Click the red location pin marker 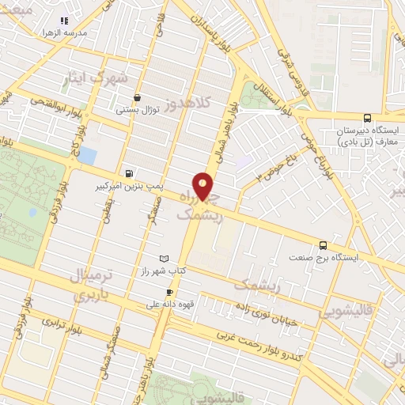[x=204, y=187]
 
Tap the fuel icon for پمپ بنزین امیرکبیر [x=129, y=173]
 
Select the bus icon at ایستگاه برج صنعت [x=322, y=245]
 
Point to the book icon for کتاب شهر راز [x=164, y=259]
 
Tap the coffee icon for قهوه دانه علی [x=168, y=292]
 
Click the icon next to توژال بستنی [x=138, y=98]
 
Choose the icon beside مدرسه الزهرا [x=65, y=22]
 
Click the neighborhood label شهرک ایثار [x=97, y=79]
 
